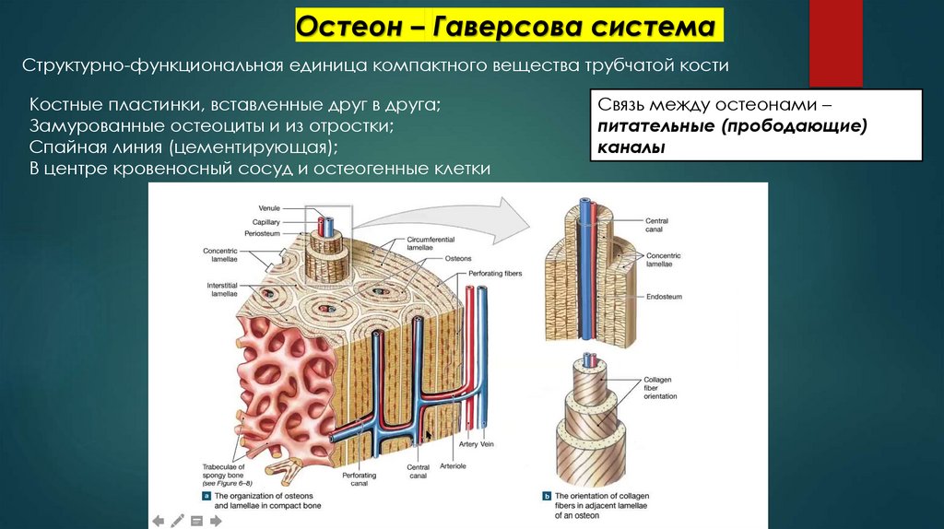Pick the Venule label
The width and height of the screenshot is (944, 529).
(269, 209)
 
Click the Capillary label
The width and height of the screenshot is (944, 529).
(266, 222)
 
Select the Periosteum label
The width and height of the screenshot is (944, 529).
(263, 234)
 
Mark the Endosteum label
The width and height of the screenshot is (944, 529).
(664, 297)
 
